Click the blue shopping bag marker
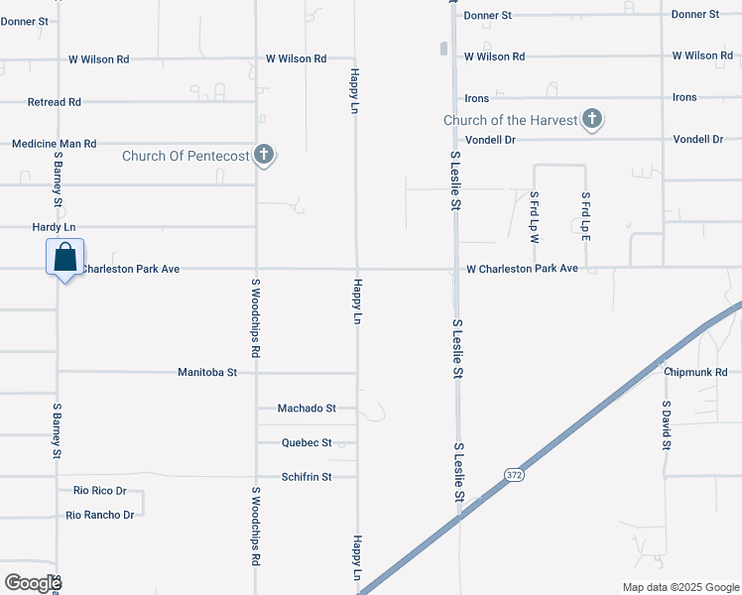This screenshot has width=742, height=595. tap(64, 258)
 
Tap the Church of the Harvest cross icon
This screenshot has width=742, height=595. tap(591, 120)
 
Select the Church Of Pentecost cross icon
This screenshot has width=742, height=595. tap(263, 155)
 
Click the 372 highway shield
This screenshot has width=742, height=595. tap(512, 475)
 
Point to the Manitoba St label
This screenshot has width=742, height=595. tap(207, 373)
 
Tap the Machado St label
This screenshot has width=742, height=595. tap(307, 408)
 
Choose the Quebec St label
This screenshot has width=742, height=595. tap(306, 442)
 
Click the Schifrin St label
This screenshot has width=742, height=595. tap(305, 476)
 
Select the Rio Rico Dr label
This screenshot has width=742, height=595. tap(100, 491)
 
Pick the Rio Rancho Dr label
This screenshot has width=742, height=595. tap(100, 515)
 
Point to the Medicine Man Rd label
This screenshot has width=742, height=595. tap(54, 144)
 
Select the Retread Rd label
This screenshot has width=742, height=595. tap(55, 102)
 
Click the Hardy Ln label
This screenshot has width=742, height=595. tap(54, 227)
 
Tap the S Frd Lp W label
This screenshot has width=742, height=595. tap(534, 216)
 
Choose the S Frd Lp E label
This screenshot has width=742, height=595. tap(585, 216)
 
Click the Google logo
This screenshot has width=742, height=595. tap(33, 583)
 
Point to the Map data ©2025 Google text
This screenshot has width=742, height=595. tap(680, 587)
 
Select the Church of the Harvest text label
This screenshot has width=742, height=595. tap(510, 120)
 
